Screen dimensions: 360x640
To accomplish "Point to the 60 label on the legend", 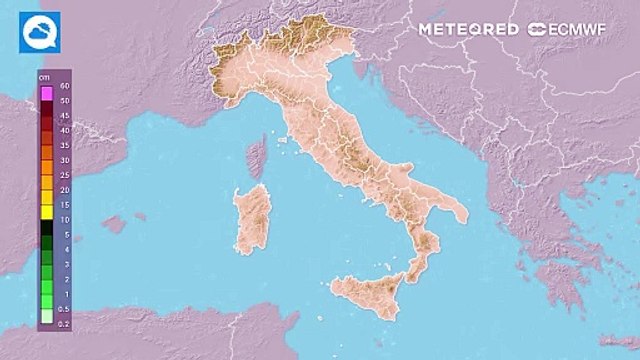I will [64, 87].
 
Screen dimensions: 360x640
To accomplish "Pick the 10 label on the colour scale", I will [63, 219].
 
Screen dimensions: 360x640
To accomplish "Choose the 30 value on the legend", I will [63, 160].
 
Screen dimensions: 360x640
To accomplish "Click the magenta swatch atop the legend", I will [46, 94].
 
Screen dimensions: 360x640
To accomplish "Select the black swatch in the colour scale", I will [46, 227].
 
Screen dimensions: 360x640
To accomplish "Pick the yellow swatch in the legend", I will [46, 212].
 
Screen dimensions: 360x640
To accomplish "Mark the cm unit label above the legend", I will [44, 77].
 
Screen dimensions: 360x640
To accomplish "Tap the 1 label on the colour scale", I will [65, 293].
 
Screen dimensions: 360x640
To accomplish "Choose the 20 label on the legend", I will [63, 190].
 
